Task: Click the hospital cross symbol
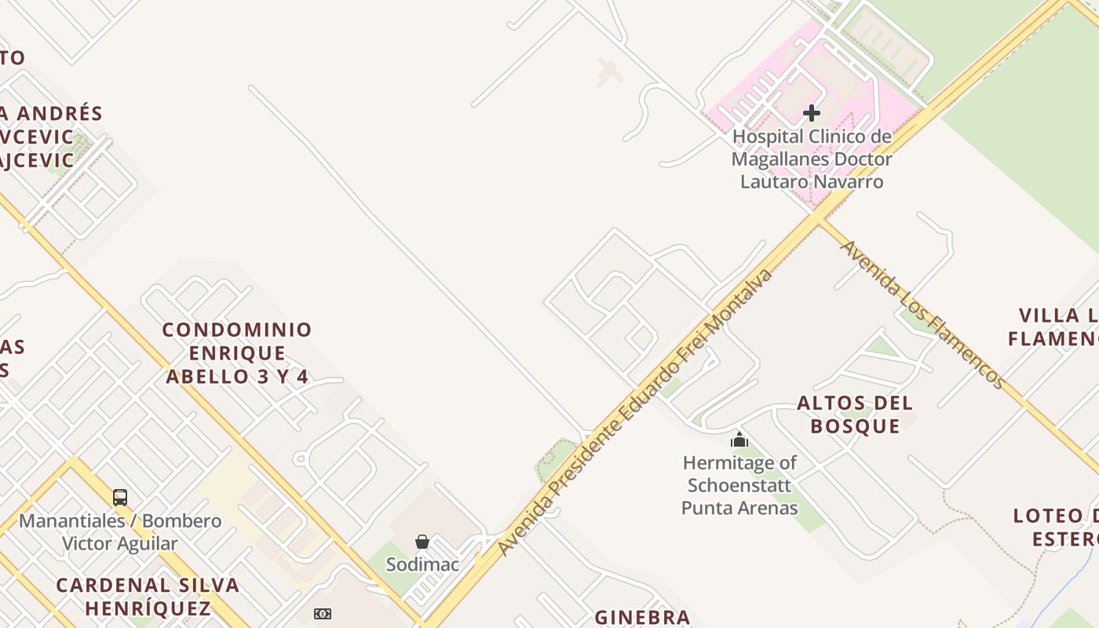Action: (812, 113)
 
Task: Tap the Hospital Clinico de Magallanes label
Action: (812, 159)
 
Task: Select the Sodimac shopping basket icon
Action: (422, 542)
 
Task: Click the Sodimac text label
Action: (422, 564)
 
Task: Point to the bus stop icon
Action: (120, 497)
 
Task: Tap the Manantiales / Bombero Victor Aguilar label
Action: (120, 531)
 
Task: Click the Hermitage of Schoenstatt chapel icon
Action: (739, 440)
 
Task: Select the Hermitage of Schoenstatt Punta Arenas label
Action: (739, 485)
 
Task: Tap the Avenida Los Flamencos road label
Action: (922, 314)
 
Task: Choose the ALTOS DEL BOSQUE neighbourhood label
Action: (855, 414)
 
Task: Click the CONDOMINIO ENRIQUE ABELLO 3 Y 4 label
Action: (237, 353)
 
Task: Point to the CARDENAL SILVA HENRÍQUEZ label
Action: (148, 597)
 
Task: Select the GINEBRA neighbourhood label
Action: (642, 618)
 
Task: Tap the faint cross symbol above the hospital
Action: (609, 71)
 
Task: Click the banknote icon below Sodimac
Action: (323, 614)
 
